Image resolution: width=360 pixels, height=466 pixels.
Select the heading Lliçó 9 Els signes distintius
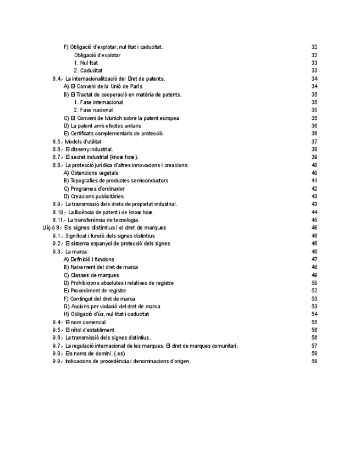(104, 228)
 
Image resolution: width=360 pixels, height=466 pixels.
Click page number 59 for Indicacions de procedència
(314, 362)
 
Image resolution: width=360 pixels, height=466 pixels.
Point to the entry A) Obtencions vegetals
(90, 173)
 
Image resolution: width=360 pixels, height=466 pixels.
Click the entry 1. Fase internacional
(98, 102)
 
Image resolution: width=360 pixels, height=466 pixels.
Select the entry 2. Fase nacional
(93, 110)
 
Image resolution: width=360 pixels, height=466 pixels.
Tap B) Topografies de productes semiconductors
(115, 181)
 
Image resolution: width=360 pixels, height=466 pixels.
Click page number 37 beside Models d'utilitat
(314, 142)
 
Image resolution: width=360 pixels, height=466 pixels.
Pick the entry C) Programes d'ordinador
(93, 188)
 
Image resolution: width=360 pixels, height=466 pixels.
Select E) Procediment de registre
(95, 291)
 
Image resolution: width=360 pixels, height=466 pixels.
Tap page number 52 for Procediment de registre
(314, 291)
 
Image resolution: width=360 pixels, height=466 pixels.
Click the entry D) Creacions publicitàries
(94, 196)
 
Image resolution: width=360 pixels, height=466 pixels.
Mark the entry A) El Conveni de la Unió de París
(103, 86)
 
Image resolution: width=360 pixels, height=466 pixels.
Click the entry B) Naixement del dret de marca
(101, 267)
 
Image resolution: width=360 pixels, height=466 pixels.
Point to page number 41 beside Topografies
(314, 181)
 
